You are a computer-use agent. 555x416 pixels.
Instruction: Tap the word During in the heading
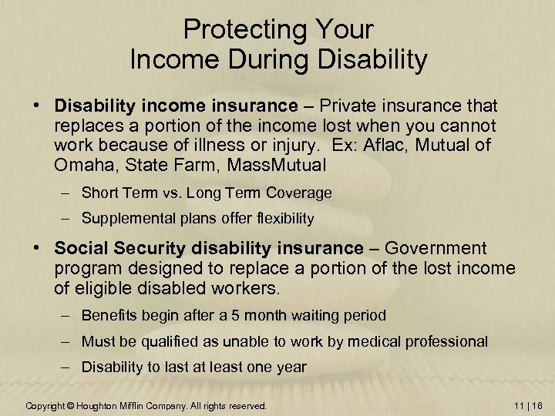pos(284,61)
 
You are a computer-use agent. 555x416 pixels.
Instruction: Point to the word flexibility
pos(281,219)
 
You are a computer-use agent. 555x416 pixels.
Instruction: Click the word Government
pos(436,248)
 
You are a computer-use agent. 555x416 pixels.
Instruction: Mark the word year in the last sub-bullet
pos(290,367)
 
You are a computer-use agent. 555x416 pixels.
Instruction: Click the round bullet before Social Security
pos(44,249)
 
